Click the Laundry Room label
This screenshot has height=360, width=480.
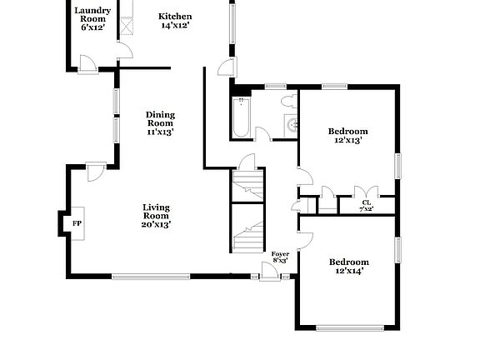tap(92, 18)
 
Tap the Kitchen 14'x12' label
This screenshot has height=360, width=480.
tap(176, 20)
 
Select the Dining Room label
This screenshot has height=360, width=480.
tap(160, 122)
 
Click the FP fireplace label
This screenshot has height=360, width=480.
tap(77, 223)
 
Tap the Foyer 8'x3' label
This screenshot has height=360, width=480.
tap(280, 257)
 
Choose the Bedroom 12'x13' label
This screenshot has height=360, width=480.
tap(347, 135)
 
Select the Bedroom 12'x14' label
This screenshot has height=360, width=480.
tap(349, 266)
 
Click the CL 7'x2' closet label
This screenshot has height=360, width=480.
tap(366, 206)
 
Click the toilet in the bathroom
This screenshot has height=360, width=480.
tap(287, 102)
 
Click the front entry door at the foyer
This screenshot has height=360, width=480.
tap(269, 272)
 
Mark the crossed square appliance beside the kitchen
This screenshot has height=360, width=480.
tap(127, 25)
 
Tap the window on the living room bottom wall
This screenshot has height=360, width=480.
tap(152, 277)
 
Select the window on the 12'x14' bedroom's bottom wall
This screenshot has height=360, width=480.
tap(348, 327)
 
